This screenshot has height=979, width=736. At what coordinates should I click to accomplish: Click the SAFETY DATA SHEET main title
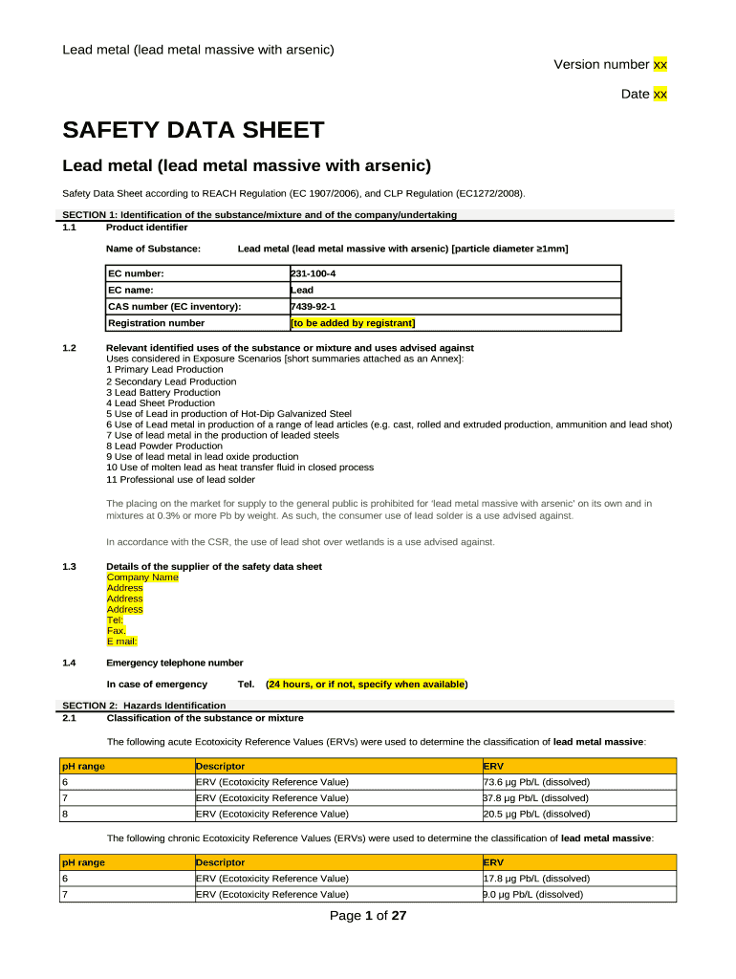click(193, 130)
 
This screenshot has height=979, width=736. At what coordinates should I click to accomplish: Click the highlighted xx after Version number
click(660, 64)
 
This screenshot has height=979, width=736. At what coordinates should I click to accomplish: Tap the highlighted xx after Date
click(660, 94)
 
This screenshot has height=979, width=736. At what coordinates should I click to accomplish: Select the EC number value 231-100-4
click(313, 273)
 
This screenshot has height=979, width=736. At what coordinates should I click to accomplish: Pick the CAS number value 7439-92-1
click(313, 306)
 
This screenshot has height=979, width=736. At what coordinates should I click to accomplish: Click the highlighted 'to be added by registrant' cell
click(353, 322)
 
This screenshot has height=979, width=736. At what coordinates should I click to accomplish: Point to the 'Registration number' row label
click(156, 322)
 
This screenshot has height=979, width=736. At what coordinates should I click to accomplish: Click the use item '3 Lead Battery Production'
click(162, 392)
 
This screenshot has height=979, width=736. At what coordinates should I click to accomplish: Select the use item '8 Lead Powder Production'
click(164, 446)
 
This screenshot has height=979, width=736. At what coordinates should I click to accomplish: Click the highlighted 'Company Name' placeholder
click(142, 577)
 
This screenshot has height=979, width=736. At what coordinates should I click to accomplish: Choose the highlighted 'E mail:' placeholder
click(122, 642)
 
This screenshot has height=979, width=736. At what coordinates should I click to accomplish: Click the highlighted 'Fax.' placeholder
click(117, 631)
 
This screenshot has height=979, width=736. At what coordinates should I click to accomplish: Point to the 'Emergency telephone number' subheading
click(175, 663)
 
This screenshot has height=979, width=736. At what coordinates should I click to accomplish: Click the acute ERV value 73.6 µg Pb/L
click(537, 781)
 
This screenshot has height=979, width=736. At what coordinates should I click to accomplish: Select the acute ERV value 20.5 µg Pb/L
click(537, 814)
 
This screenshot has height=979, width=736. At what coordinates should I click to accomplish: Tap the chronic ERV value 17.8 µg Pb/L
click(537, 878)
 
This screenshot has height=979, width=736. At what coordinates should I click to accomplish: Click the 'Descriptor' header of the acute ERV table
click(221, 766)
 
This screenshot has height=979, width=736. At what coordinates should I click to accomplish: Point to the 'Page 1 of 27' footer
click(368, 916)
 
